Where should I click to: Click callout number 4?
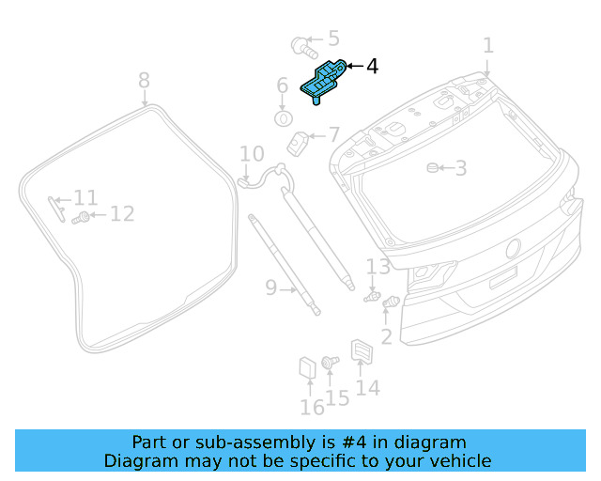372,67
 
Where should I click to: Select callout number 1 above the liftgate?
487,45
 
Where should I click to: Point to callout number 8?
144,80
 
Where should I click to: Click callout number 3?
460,168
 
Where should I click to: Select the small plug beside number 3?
432,167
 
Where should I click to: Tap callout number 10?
252,154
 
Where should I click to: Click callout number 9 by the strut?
270,287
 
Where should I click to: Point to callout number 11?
85,198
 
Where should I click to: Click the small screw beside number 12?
84,217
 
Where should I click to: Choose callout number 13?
378,267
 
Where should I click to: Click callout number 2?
386,335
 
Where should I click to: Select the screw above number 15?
330,362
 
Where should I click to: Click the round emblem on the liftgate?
513,248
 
